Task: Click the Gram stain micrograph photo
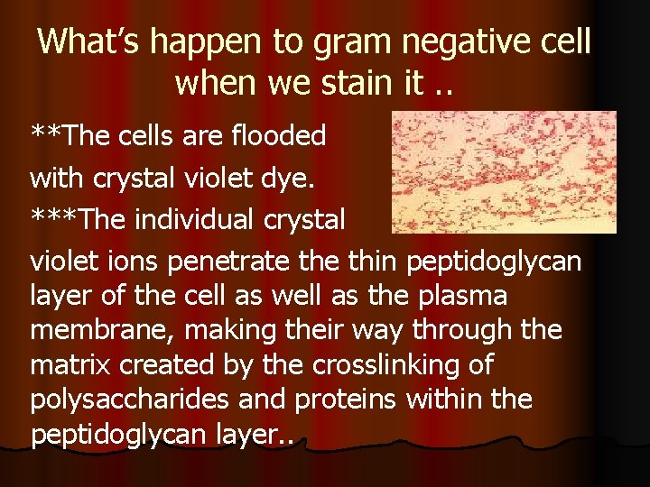[x=504, y=172]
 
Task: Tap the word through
[x=469, y=330]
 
